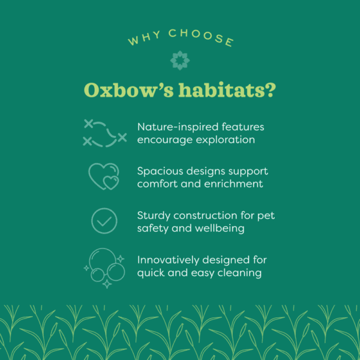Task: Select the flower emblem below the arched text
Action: (179, 60)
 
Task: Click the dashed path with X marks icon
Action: (104, 133)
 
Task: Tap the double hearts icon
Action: (104, 176)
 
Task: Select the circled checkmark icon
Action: (104, 221)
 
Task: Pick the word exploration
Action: (223, 140)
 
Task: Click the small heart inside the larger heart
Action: (110, 182)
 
